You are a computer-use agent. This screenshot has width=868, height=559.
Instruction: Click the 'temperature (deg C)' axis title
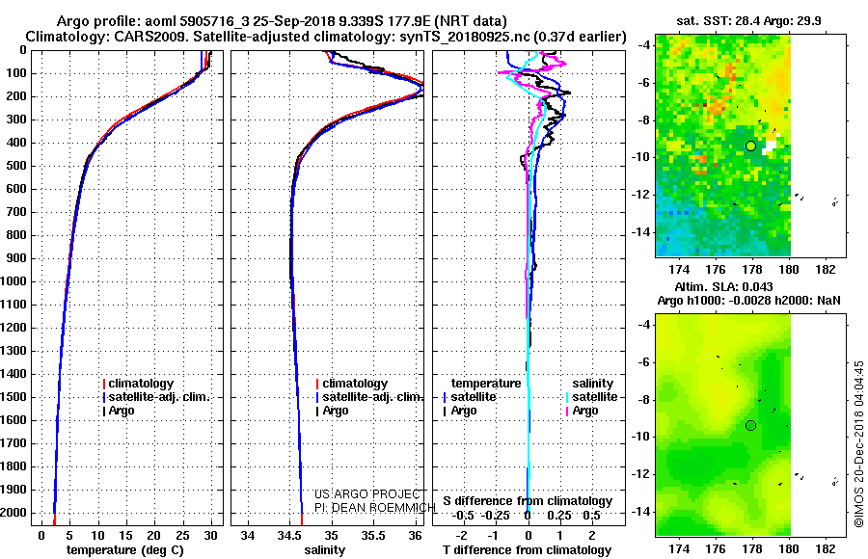point(125,550)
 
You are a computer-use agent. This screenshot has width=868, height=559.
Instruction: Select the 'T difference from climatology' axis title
point(527,550)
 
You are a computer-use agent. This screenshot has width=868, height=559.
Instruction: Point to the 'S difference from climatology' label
point(528,501)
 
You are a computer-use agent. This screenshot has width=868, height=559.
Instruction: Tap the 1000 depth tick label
point(15,281)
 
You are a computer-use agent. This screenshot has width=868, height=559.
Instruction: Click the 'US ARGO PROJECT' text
point(367,494)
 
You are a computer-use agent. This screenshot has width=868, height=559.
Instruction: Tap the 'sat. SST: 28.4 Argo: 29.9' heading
point(748,21)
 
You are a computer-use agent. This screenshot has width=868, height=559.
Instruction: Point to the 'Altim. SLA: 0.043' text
point(723,286)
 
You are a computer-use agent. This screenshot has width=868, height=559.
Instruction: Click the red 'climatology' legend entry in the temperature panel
point(138,384)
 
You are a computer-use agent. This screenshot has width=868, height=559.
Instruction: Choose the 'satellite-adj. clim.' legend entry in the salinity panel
point(369,397)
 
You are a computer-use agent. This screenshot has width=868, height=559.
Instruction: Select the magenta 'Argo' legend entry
point(582,411)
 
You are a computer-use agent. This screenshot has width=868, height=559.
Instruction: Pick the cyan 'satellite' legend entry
point(591,397)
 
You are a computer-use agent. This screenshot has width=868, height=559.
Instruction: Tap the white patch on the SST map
point(770,145)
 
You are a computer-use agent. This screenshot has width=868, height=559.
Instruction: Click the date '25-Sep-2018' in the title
point(293,21)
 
